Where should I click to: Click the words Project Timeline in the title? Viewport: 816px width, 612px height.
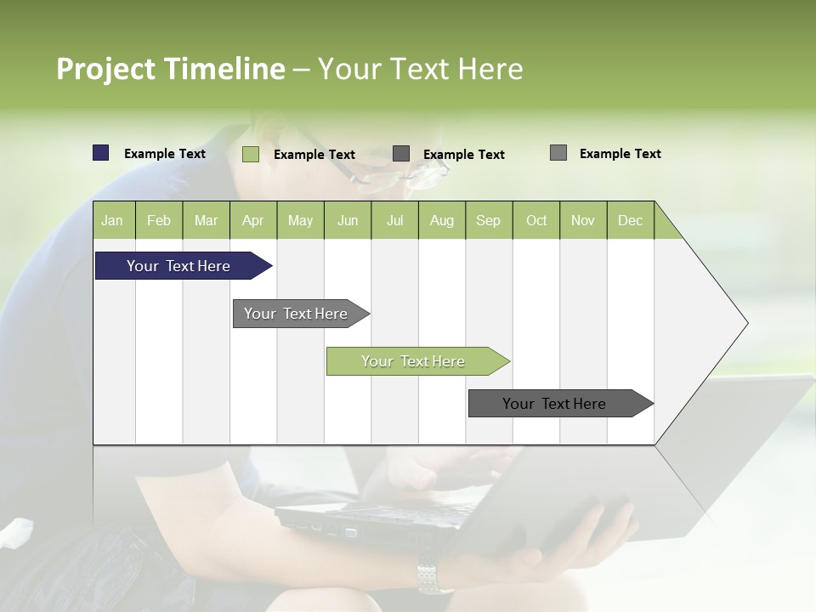[170, 69]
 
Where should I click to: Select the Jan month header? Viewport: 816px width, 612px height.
[112, 220]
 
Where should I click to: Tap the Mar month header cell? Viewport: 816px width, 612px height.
[206, 220]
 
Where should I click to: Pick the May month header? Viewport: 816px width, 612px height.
[300, 220]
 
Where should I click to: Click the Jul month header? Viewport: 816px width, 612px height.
[394, 220]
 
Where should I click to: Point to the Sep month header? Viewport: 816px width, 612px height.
[488, 220]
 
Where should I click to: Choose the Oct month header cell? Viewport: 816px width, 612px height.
[536, 220]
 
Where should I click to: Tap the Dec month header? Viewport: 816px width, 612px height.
[630, 220]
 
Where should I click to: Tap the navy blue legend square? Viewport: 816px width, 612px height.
[101, 153]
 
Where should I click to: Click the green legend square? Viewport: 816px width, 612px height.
[251, 154]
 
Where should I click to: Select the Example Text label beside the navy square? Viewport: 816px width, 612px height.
[165, 154]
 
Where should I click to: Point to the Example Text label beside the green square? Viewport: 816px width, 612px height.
[314, 155]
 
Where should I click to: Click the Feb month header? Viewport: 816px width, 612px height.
[159, 220]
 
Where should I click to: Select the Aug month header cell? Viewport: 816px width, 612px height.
[441, 220]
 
